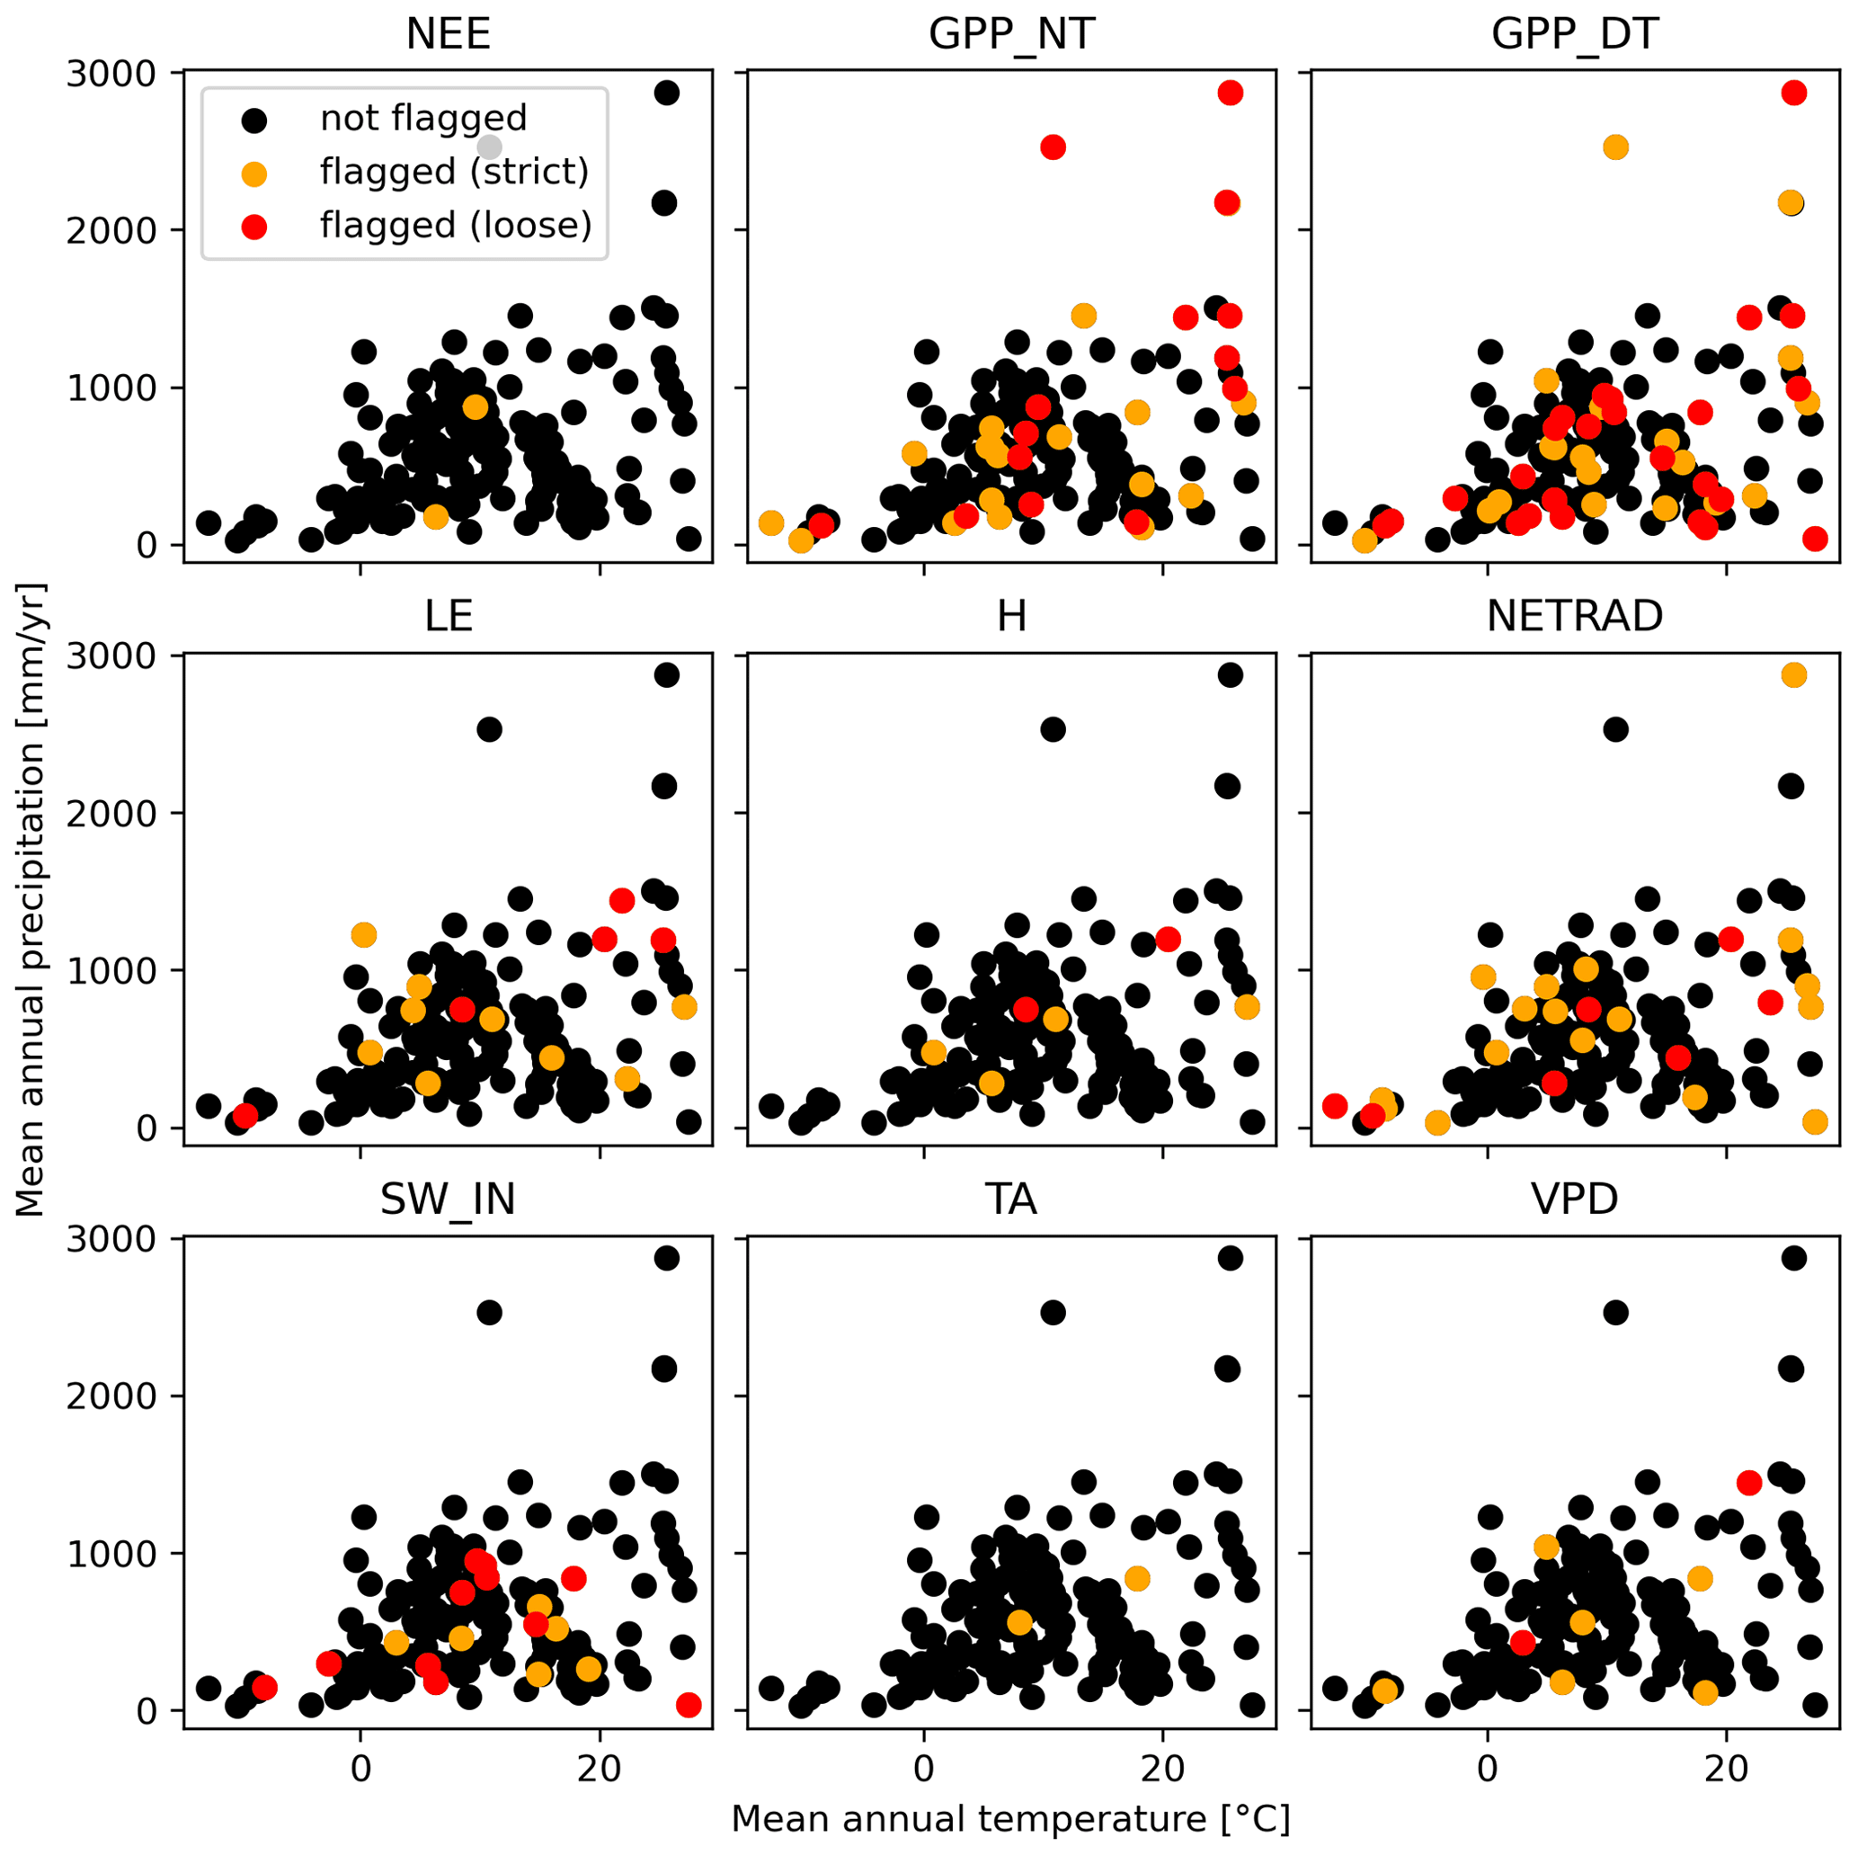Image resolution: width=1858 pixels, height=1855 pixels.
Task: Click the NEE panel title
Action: pos(449,35)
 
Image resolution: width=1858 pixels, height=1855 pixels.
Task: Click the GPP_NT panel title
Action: pos(1012,35)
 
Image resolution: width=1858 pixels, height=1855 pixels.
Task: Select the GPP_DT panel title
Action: pos(1574,35)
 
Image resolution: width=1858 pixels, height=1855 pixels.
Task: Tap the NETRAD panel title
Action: pos(1574,617)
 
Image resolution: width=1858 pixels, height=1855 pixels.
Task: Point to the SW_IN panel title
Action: pos(449,1200)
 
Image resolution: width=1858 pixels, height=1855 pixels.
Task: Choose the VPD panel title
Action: pos(1574,1200)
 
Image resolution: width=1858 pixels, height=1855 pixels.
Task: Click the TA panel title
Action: pos(1012,1200)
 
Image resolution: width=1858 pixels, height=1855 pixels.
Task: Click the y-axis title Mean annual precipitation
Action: pos(31,899)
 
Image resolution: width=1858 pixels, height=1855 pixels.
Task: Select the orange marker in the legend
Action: pos(253,174)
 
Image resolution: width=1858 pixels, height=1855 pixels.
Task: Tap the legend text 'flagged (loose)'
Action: pos(456,225)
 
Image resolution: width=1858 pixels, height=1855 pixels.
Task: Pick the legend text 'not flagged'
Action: pos(423,119)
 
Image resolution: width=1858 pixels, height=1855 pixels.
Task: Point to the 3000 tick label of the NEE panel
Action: pos(111,74)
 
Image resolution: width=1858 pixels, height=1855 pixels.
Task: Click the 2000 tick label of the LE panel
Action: pos(111,814)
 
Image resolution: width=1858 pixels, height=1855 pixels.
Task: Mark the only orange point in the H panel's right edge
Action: pos(1247,1006)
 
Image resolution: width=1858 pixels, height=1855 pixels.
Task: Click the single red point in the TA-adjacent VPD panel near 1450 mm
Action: pos(1749,1483)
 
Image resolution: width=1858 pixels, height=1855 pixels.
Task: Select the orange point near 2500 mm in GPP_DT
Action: pos(1615,147)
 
